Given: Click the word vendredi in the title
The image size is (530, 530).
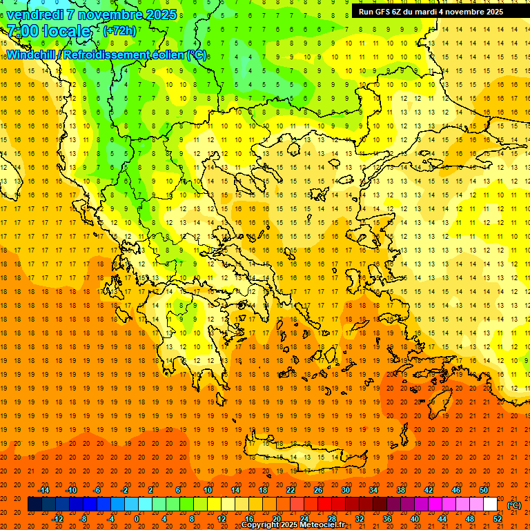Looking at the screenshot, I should pyautogui.click(x=35, y=14).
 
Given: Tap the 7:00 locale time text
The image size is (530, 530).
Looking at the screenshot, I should pyautogui.click(x=48, y=31).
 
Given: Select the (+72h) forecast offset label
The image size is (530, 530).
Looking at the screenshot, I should pyautogui.click(x=119, y=31).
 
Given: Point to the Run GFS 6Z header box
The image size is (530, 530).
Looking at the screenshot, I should pyautogui.click(x=431, y=12).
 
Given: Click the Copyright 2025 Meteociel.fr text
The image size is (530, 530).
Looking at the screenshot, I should pyautogui.click(x=293, y=524).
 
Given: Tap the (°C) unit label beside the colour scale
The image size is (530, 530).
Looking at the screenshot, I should pyautogui.click(x=514, y=505).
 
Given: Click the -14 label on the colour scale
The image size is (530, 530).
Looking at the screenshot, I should pyautogui.click(x=43, y=490).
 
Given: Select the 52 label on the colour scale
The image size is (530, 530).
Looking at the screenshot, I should pyautogui.click(x=498, y=519).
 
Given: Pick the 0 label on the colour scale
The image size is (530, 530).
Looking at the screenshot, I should pyautogui.click(x=136, y=519).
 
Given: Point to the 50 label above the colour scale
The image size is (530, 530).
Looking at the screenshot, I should pyautogui.click(x=484, y=490).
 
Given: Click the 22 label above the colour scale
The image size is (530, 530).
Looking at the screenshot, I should pyautogui.click(x=291, y=490).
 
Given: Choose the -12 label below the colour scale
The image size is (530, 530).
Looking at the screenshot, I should pyautogui.click(x=57, y=519).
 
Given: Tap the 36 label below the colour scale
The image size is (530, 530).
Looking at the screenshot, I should pyautogui.click(x=387, y=519).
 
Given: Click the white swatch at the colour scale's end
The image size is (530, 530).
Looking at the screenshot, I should pyautogui.click(x=490, y=504).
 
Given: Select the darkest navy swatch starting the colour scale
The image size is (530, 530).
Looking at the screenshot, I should pyautogui.click(x=35, y=504).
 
